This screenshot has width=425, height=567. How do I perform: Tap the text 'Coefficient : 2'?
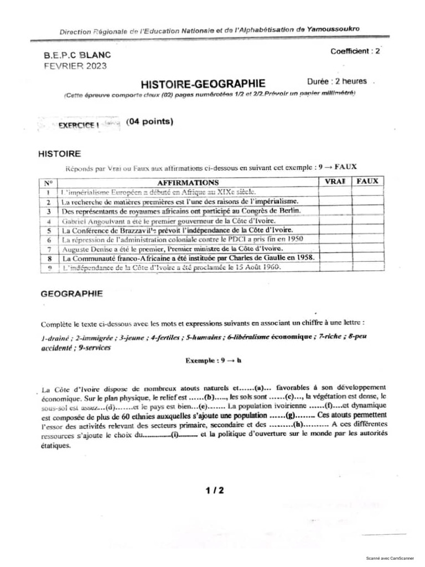(355, 51)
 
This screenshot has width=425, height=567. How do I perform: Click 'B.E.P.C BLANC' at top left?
(77, 55)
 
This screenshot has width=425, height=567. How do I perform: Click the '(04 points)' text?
(149, 122)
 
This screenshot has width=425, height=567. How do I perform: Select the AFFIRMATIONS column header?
(188, 182)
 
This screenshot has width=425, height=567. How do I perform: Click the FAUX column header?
(367, 182)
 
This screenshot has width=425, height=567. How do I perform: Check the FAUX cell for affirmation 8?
(367, 258)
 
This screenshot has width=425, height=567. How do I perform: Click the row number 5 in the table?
(49, 230)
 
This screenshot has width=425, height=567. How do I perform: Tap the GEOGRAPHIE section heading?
(72, 294)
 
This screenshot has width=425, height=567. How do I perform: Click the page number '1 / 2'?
(214, 490)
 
